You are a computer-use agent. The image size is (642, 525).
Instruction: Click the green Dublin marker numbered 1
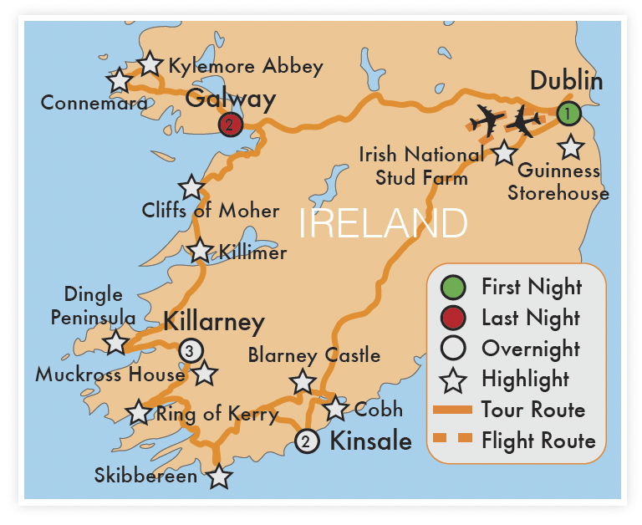[568, 113]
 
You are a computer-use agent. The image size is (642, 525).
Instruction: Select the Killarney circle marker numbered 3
[190, 350]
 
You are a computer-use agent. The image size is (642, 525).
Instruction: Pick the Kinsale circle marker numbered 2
[307, 441]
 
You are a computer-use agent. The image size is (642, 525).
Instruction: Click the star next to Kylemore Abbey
[150, 64]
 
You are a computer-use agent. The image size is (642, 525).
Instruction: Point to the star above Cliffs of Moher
[191, 187]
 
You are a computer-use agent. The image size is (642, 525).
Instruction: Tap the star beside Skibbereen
[219, 477]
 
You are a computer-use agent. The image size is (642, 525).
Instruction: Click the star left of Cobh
[334, 409]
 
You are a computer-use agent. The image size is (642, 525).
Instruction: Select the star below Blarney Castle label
[302, 382]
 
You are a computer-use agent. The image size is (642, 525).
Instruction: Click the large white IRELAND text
[382, 225]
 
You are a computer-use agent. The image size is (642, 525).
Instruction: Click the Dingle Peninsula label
[92, 306]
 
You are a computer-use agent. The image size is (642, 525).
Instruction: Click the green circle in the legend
[452, 288]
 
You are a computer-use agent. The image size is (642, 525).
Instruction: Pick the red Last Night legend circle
[452, 319]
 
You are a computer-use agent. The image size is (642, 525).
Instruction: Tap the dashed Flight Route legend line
[452, 439]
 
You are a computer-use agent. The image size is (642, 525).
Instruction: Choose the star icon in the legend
[452, 380]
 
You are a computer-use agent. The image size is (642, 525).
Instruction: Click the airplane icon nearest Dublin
[525, 121]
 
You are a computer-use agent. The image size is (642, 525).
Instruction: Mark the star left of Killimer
[201, 250]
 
